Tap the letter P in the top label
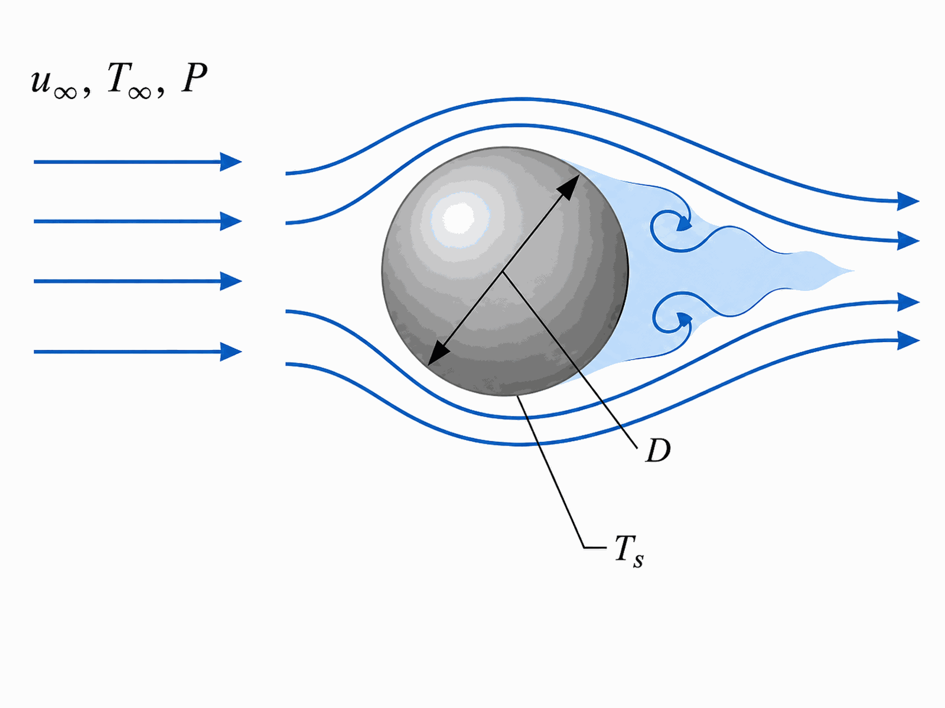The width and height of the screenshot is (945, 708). click(x=194, y=78)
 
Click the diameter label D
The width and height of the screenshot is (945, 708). click(x=658, y=451)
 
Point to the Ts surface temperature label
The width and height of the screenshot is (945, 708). click(x=629, y=552)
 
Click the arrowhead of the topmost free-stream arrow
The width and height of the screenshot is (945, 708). click(x=231, y=162)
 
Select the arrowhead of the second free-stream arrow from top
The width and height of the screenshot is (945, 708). click(x=231, y=221)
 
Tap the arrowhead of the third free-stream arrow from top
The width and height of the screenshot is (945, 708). click(x=231, y=281)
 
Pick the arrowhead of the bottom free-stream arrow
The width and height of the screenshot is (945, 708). click(x=231, y=352)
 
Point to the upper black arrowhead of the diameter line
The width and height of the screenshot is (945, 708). click(x=569, y=186)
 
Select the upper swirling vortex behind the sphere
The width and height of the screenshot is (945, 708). click(x=671, y=228)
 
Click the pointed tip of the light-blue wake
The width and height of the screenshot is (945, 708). click(x=853, y=271)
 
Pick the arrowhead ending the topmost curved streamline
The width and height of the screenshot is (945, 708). click(x=908, y=201)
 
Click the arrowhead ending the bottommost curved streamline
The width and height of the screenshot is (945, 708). click(x=908, y=340)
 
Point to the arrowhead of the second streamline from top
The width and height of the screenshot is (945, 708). click(x=908, y=241)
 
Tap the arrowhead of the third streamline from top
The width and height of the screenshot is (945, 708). click(x=908, y=301)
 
